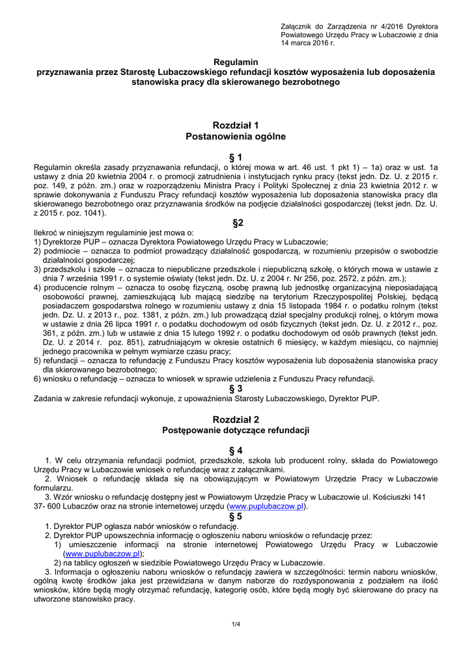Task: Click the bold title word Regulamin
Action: point(236,61)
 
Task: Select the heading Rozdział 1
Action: point(236,124)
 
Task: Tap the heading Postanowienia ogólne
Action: point(236,136)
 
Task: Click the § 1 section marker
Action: point(236,157)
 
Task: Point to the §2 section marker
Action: point(238,223)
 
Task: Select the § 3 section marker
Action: point(236,388)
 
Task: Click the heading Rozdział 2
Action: point(236,419)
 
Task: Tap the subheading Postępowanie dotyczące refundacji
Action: point(236,431)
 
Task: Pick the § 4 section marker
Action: point(236,450)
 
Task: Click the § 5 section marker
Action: point(236,516)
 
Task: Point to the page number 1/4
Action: point(236,625)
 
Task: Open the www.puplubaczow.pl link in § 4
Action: point(267,506)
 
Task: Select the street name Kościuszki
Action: point(393,497)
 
